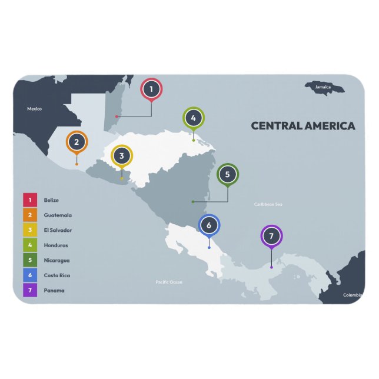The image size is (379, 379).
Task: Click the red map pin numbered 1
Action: pos(151,89)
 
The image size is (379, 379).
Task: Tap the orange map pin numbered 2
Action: pos(77,142)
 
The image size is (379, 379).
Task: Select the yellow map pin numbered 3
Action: pos(122,156)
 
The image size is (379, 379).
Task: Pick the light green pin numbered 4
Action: pos(193,118)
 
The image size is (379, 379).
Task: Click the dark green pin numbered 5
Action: pos(228,174)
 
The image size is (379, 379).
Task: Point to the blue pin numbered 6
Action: pos(209,225)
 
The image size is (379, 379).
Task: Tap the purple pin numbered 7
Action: pos(271,237)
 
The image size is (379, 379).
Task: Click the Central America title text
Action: pos(303,125)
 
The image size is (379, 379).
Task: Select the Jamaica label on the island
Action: pos(323,88)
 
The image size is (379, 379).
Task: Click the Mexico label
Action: pos(35,109)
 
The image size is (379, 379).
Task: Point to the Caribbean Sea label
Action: pos(268,204)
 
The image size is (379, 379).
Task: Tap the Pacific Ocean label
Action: pos(169,282)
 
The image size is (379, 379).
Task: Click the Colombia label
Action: pos(353,295)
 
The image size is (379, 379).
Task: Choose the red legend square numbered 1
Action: pos(30,200)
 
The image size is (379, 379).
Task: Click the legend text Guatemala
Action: pos(58,215)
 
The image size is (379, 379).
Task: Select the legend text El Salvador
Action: pos(58,230)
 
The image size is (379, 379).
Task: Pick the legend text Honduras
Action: pos(56,245)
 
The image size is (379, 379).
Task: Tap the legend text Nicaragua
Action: pos(56,260)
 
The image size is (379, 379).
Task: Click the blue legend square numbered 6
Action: pos(30,275)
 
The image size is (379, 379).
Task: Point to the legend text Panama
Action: pos(54,290)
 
